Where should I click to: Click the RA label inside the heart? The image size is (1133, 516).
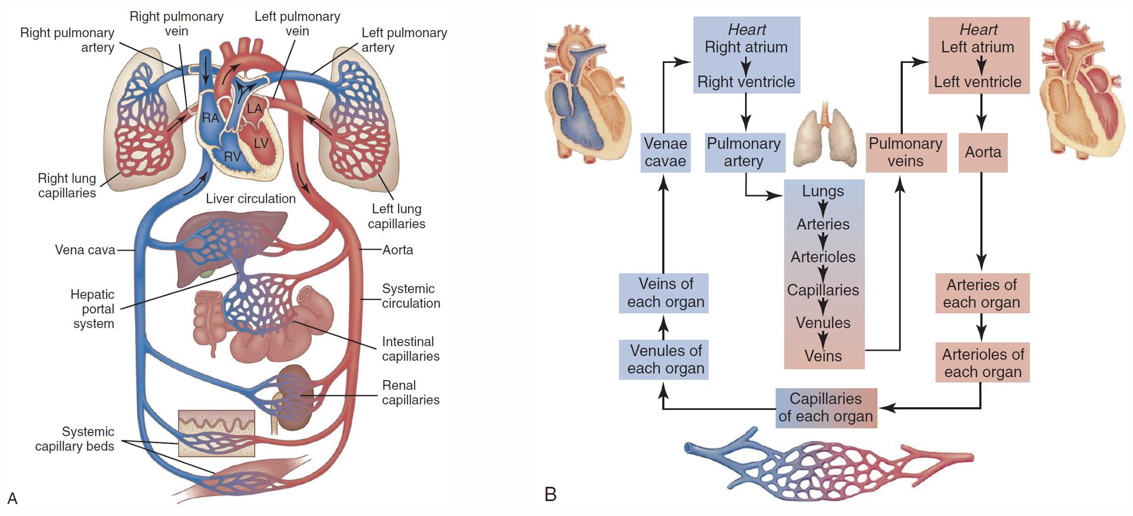pyautogui.click(x=210, y=118)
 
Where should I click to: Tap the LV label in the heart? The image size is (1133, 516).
pyautogui.click(x=261, y=143)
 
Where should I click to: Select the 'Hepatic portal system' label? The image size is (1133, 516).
pyautogui.click(x=93, y=309)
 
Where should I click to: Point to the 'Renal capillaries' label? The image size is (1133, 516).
pyautogui.click(x=410, y=392)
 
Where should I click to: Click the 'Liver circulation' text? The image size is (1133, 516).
pyautogui.click(x=251, y=199)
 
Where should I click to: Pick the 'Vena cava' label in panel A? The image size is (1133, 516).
pyautogui.click(x=85, y=250)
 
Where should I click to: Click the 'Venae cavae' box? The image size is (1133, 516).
pyautogui.click(x=665, y=152)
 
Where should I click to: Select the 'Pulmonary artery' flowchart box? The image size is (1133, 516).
pyautogui.click(x=744, y=152)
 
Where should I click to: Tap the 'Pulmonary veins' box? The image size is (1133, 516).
pyautogui.click(x=905, y=152)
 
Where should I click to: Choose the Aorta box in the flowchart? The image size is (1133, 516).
pyautogui.click(x=983, y=152)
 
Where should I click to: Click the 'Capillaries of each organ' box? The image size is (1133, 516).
pyautogui.click(x=826, y=407)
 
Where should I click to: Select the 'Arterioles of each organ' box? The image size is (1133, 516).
pyautogui.click(x=982, y=363)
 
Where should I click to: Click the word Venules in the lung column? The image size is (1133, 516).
pyautogui.click(x=823, y=323)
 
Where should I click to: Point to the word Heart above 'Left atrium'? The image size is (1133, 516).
pyautogui.click(x=978, y=30)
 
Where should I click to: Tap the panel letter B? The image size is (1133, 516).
pyautogui.click(x=551, y=494)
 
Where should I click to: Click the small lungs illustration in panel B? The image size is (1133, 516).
pyautogui.click(x=825, y=138)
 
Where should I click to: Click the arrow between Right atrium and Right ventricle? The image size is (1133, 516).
pyautogui.click(x=746, y=65)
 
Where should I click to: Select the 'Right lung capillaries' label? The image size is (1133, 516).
pyautogui.click(x=67, y=185)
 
